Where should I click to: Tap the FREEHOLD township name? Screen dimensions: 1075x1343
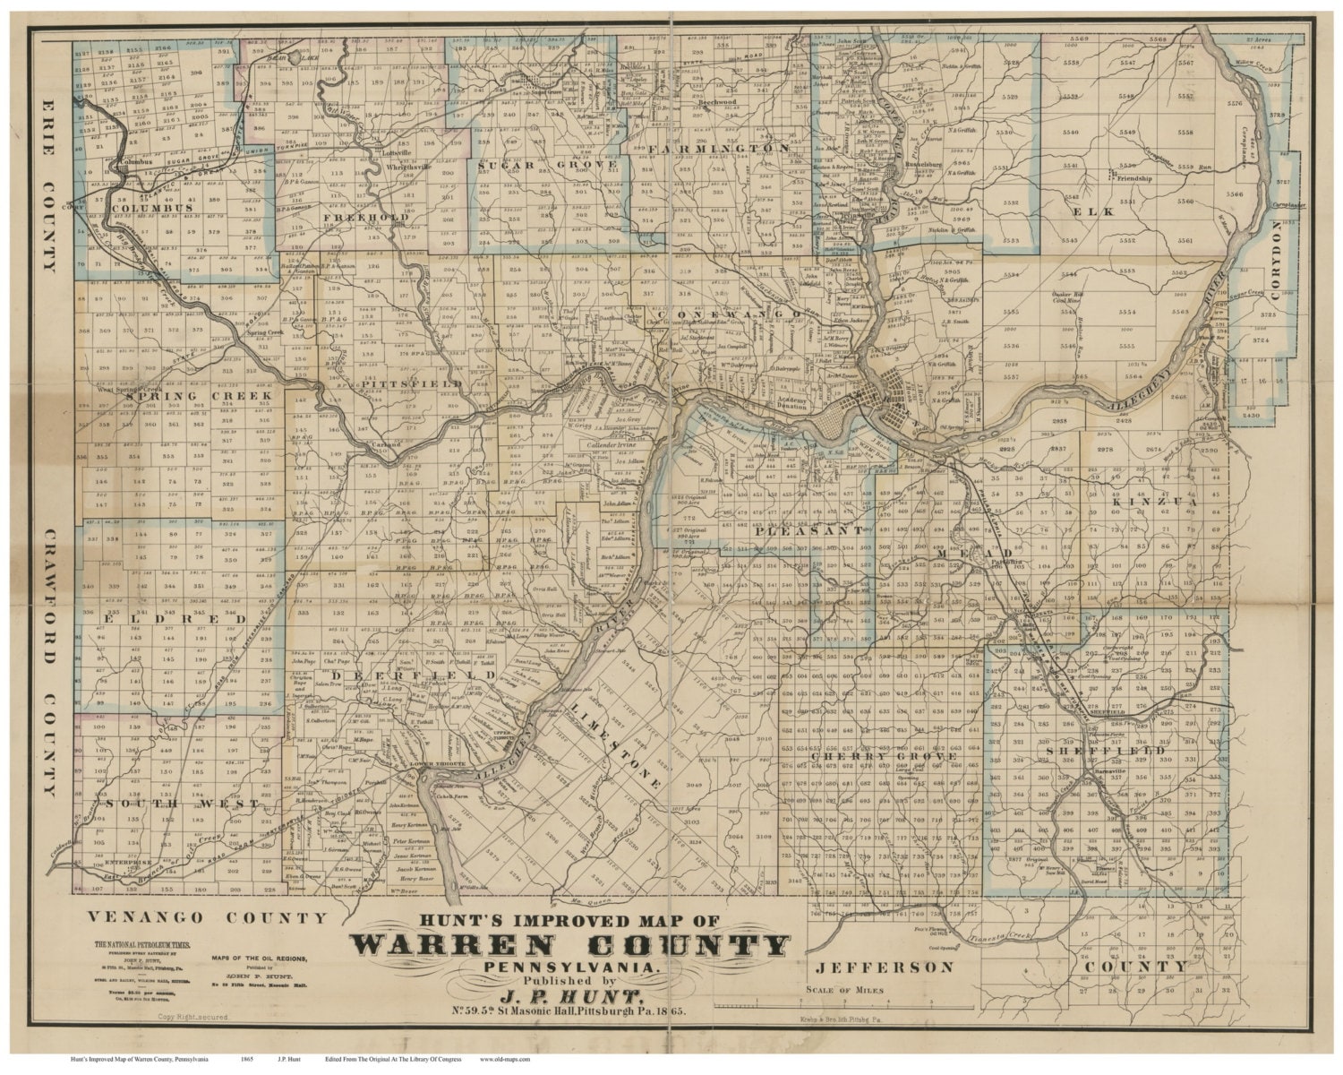[x=379, y=218]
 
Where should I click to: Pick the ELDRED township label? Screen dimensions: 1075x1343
[x=161, y=619]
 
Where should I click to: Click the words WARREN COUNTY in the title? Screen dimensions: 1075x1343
[x=570, y=945]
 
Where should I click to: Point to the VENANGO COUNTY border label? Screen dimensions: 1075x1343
[x=207, y=917]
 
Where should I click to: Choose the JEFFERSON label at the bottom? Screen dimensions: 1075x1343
[x=885, y=967]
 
